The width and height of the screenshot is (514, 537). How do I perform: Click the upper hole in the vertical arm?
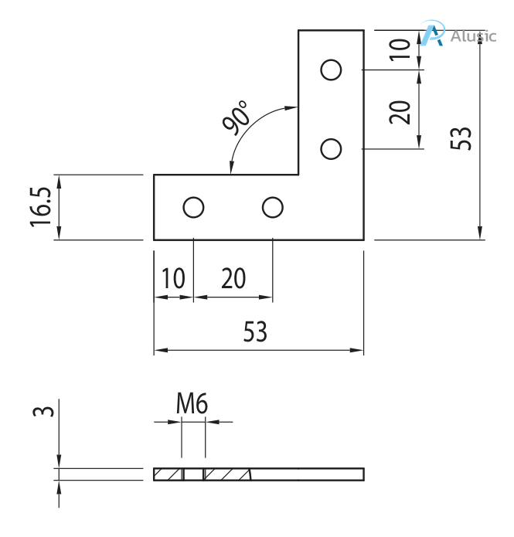click(x=331, y=70)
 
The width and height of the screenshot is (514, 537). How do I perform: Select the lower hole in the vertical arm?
click(x=331, y=148)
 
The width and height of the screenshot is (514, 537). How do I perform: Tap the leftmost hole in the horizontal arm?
click(x=193, y=207)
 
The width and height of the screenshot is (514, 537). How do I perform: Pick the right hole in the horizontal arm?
click(x=272, y=207)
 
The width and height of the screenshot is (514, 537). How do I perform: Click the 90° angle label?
click(x=236, y=117)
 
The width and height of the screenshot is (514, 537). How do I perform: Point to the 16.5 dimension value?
click(x=42, y=206)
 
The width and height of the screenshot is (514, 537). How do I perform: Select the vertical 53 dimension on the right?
click(x=461, y=138)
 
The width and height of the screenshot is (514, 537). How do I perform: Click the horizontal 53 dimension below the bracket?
click(x=255, y=332)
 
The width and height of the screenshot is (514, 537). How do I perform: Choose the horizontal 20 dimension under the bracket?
click(x=233, y=279)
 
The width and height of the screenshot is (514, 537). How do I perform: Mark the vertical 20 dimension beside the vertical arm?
click(x=399, y=110)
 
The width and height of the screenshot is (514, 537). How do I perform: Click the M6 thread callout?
click(x=192, y=403)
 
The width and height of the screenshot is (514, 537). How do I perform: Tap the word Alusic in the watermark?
click(x=473, y=36)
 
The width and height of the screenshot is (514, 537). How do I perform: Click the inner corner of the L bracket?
click(x=298, y=175)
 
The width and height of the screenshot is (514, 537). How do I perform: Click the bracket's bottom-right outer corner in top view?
click(x=363, y=240)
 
